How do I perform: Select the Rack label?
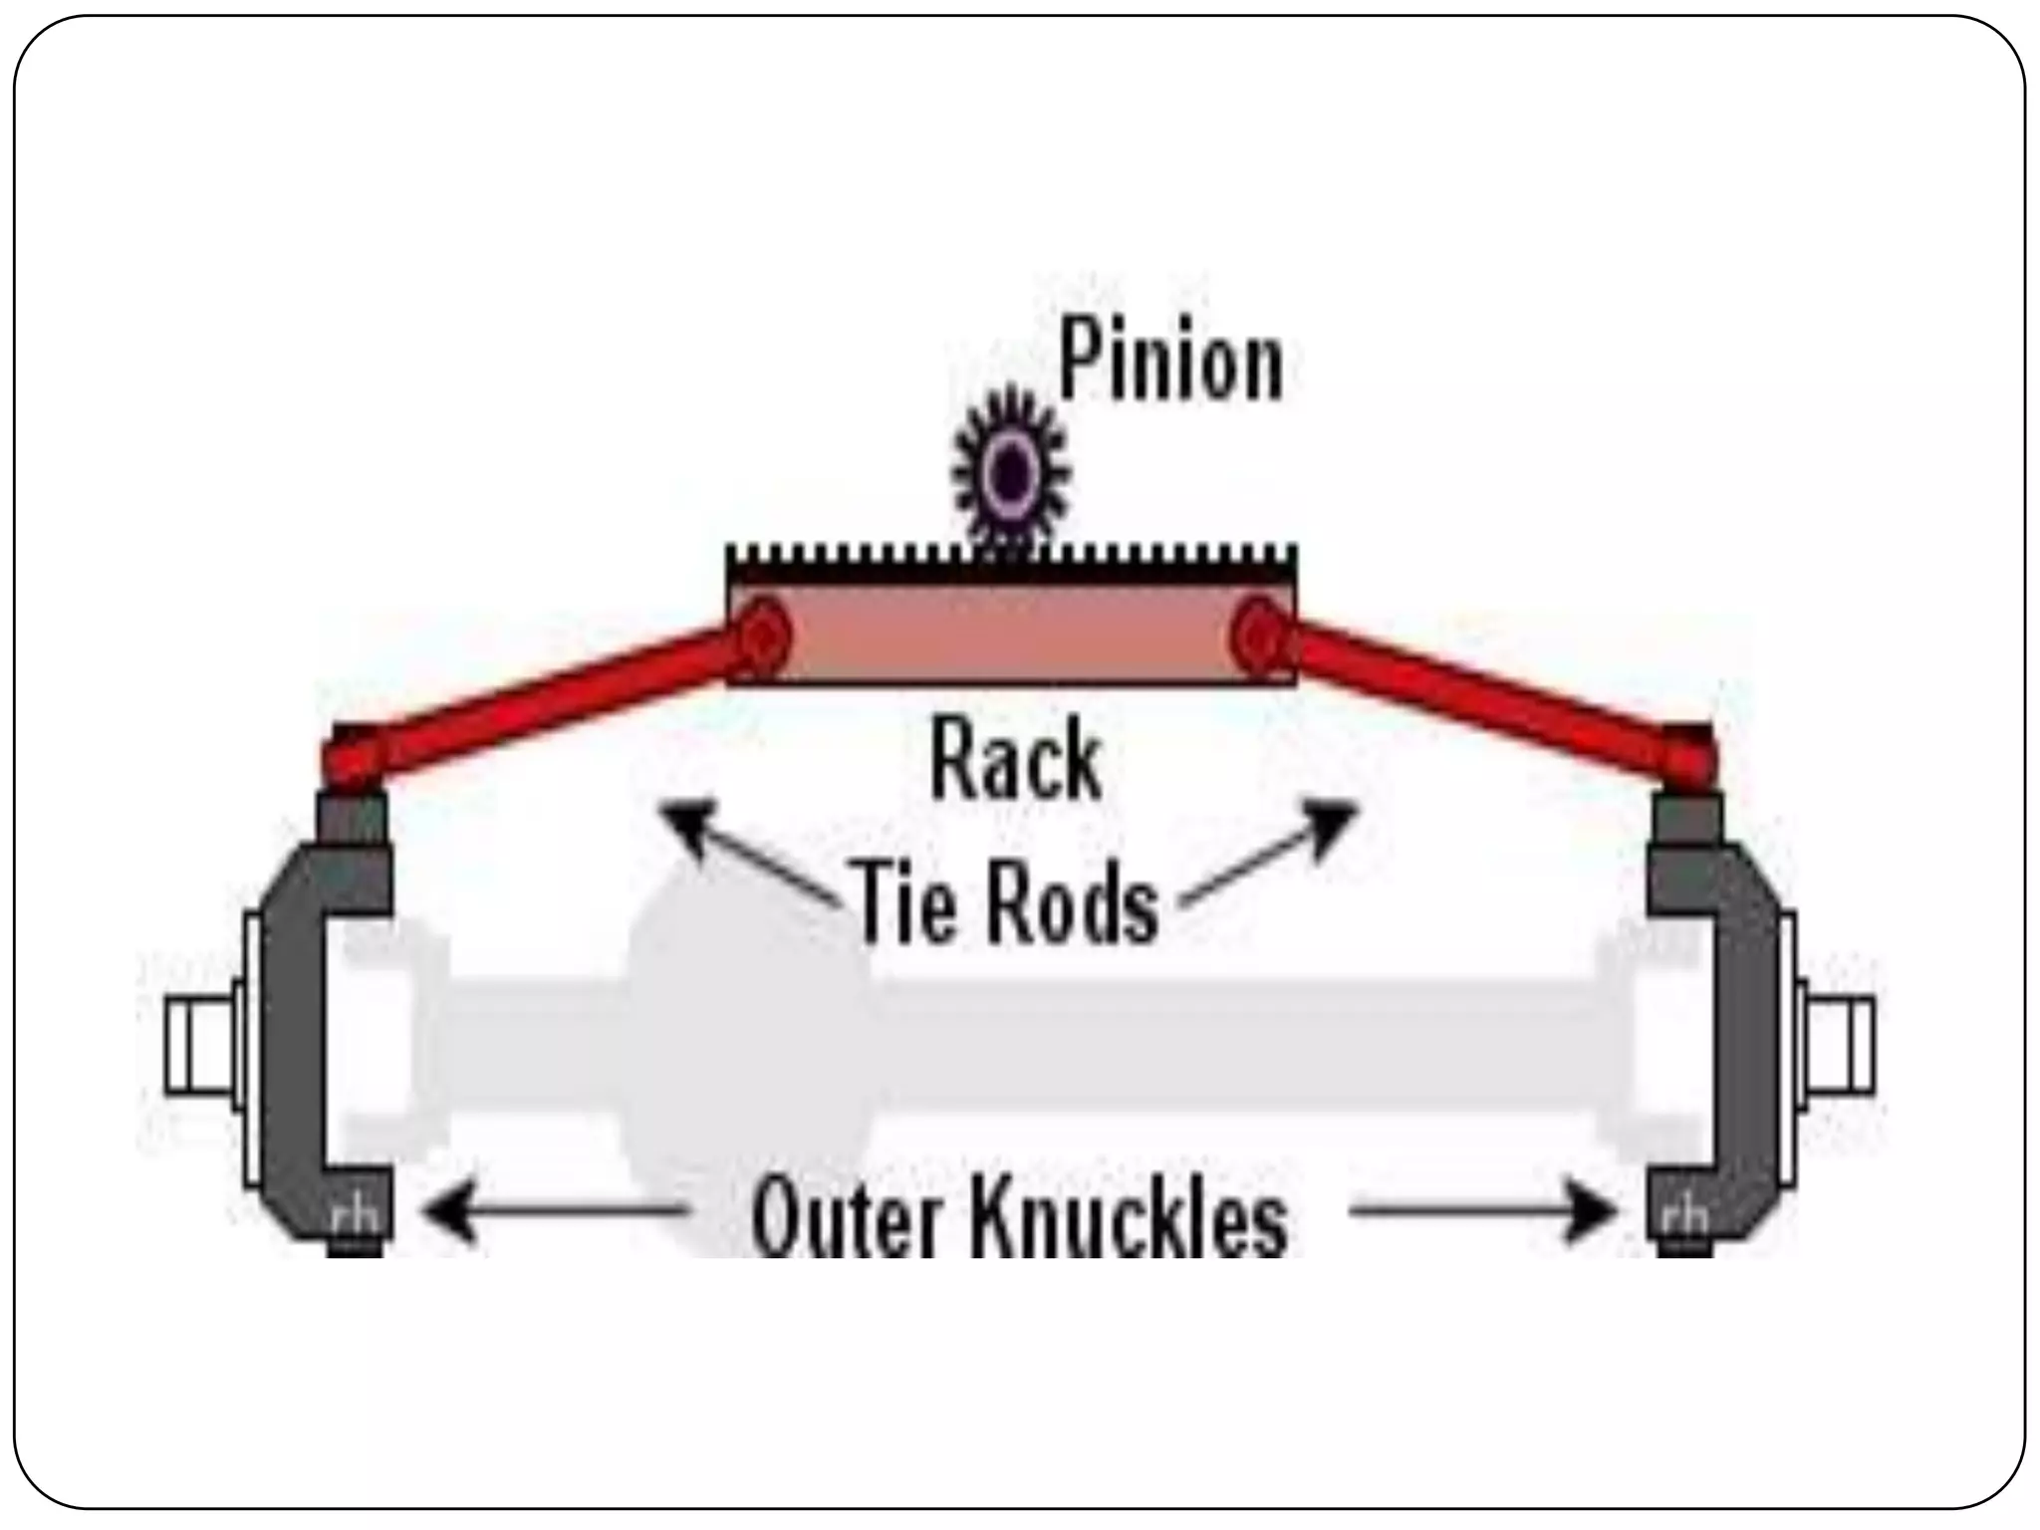pyautogui.click(x=1015, y=762)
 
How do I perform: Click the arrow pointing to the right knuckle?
pyautogui.click(x=1484, y=1211)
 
